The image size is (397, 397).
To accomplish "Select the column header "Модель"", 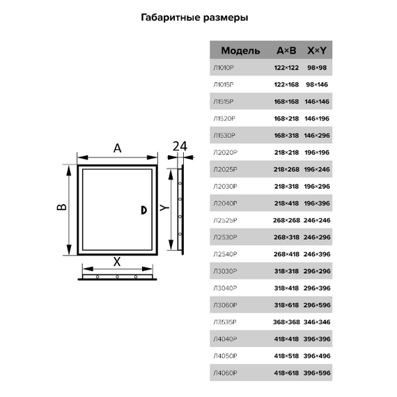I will pyautogui.click(x=240, y=51).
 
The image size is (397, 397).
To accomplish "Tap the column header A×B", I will pyautogui.click(x=286, y=51).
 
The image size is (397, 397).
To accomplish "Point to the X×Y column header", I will pyautogui.click(x=317, y=51).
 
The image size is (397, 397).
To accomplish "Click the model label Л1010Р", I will pyautogui.click(x=226, y=68).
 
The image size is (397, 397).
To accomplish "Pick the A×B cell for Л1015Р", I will pyautogui.click(x=286, y=84).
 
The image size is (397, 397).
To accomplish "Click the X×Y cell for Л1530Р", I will pyautogui.click(x=318, y=135).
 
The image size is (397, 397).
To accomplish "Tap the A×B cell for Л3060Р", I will pyautogui.click(x=286, y=305).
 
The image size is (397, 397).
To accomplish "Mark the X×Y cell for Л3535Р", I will pyautogui.click(x=318, y=322).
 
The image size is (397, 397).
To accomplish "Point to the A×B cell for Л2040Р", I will pyautogui.click(x=286, y=203).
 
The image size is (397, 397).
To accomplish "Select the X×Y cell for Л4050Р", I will pyautogui.click(x=318, y=356).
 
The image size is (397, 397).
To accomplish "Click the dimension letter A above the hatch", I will pyautogui.click(x=118, y=148).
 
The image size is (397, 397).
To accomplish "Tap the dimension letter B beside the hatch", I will pyautogui.click(x=61, y=208).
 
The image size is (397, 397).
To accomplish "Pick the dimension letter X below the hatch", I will pyautogui.click(x=117, y=262).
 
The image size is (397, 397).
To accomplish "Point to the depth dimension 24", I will pyautogui.click(x=180, y=146).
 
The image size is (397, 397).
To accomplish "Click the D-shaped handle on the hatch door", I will pyautogui.click(x=143, y=210).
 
